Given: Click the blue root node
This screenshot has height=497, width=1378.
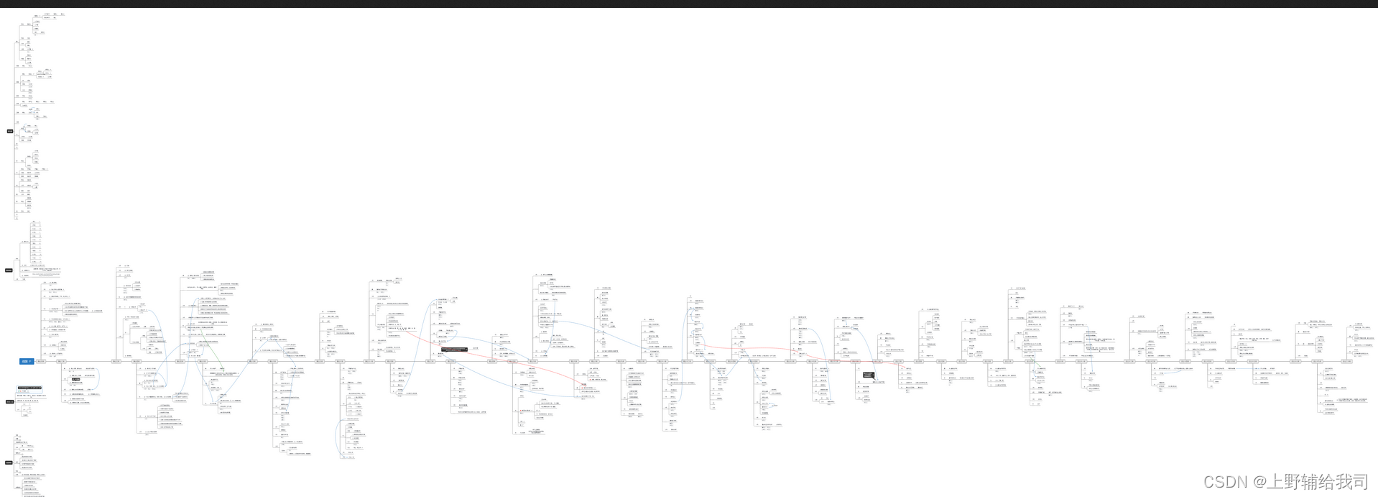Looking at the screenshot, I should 26,361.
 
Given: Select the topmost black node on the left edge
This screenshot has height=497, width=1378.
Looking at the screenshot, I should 10,131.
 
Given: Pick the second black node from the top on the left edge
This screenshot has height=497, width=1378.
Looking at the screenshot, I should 9,270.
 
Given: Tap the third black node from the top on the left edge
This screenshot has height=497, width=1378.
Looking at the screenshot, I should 9,402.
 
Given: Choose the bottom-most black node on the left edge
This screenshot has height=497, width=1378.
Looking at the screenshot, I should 9,462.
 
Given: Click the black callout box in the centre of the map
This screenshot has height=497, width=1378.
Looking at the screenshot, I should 454,350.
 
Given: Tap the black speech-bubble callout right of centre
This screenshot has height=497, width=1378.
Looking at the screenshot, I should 869,375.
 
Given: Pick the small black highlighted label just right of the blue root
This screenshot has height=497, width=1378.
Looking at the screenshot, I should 76,379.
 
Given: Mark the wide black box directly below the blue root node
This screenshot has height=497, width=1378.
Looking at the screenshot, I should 30,387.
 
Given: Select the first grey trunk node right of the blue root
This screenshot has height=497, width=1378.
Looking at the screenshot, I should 41,361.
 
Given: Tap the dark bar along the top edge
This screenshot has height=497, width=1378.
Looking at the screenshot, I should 689,4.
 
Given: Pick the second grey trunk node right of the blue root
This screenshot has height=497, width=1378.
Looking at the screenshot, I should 61,361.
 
